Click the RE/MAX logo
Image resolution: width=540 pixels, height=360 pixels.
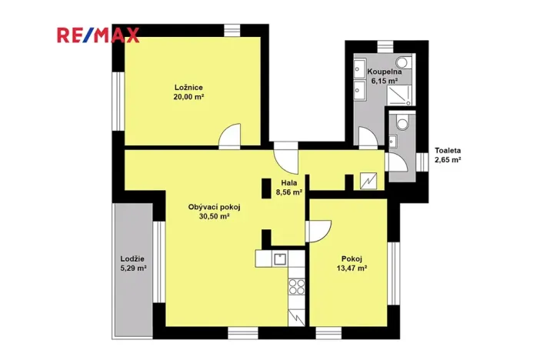[97, 35]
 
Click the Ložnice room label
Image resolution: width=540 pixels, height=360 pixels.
[188, 87]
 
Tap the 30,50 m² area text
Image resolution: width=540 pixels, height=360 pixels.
[215, 217]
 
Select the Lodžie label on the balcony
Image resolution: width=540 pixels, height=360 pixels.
[133, 258]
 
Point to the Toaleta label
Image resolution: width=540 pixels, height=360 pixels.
[448, 150]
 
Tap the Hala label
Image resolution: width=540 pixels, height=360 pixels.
[288, 183]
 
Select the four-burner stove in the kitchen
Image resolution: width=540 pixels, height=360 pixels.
[297, 288]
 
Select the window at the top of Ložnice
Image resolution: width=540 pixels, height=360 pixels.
[234, 29]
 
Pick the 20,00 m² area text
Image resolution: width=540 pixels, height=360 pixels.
[188, 98]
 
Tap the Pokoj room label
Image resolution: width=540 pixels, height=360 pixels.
[352, 258]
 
